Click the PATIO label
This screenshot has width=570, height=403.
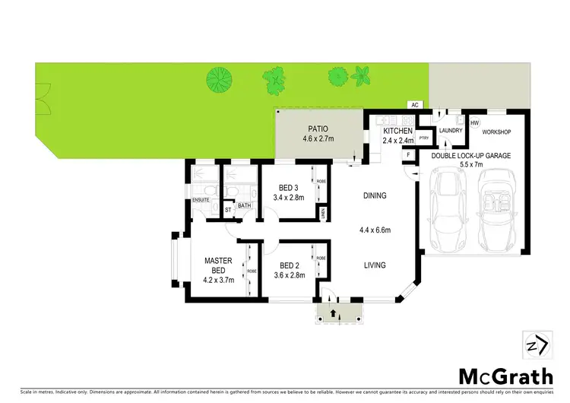click(x=318, y=129)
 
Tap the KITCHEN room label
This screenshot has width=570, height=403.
click(x=397, y=131)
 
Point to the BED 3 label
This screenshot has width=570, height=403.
click(x=287, y=188)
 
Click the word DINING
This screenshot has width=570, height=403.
click(x=374, y=195)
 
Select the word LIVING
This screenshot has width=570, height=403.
click(x=374, y=265)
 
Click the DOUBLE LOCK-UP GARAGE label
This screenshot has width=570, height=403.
click(x=471, y=155)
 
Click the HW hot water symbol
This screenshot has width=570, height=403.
click(x=475, y=122)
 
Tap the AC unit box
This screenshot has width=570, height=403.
click(x=415, y=104)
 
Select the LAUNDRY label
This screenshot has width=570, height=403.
click(x=451, y=131)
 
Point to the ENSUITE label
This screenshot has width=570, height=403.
click(x=201, y=200)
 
